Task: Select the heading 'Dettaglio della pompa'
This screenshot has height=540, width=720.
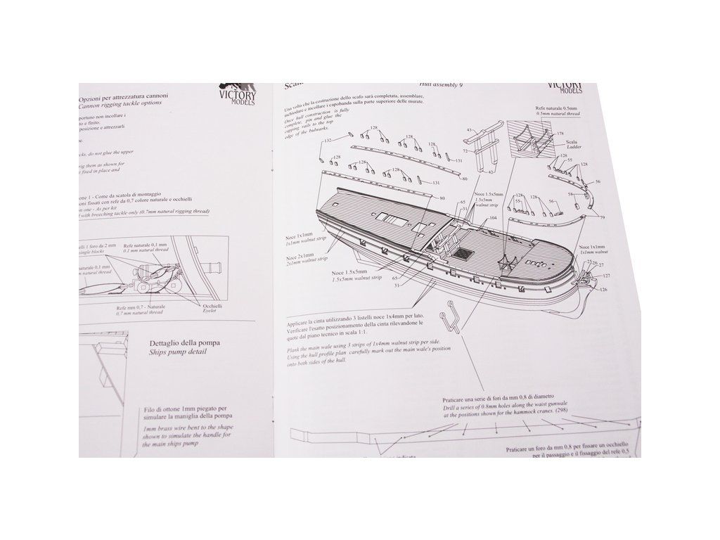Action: tap(184, 343)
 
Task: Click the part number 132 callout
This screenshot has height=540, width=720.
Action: tap(327, 141)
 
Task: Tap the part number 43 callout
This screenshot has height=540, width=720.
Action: tap(469, 130)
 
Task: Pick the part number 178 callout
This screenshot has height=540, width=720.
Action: tap(560, 133)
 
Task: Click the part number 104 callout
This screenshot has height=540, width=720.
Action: tap(493, 219)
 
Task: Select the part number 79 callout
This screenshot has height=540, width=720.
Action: tap(602, 218)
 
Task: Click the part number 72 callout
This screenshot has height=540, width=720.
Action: tap(465, 151)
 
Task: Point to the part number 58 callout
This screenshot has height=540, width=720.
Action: tap(570, 193)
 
